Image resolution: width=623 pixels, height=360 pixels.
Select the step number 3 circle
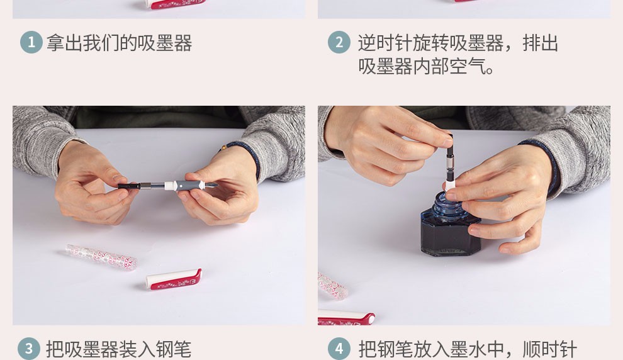point(29,349)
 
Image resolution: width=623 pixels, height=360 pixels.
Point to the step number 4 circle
point(339,349)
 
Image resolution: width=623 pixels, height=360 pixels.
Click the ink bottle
point(450,228)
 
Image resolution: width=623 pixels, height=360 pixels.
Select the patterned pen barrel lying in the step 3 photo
point(101,257)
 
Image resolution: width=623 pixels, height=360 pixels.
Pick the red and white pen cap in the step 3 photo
point(174,279)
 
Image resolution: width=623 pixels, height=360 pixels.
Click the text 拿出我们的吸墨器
point(119,43)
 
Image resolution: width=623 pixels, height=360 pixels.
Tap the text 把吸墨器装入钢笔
point(119,349)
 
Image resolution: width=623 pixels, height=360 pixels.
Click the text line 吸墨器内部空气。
point(426,66)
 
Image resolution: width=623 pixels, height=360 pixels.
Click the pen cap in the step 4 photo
point(346,317)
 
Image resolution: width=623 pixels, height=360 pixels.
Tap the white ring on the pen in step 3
point(170,186)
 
